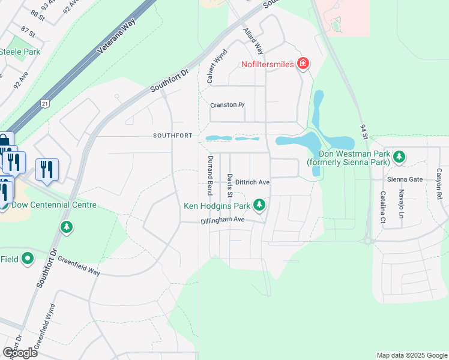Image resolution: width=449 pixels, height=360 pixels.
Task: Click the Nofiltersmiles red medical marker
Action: tap(303, 64)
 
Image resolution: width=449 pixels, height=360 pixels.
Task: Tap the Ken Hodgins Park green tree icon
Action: tap(259, 206)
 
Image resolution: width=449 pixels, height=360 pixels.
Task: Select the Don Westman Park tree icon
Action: tap(399, 157)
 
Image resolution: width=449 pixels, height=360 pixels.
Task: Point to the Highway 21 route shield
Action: tap(45, 104)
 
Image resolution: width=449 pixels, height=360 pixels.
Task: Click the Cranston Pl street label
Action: tap(227, 105)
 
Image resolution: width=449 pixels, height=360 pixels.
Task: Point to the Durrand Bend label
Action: tap(210, 175)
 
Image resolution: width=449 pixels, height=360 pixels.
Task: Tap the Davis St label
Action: tap(230, 186)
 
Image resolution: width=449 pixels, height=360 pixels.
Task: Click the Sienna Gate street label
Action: tap(405, 179)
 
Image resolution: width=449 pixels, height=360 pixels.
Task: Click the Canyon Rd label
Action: tap(439, 183)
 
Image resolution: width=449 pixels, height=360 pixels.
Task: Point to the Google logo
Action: tap(20, 352)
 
